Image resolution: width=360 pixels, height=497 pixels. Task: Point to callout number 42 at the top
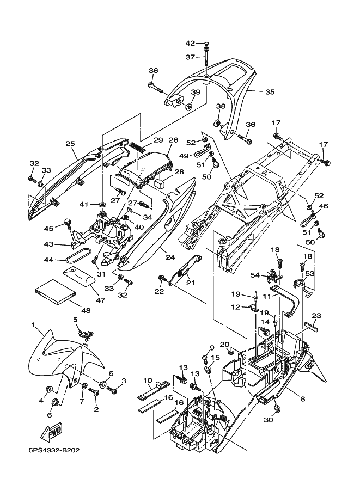[190, 43]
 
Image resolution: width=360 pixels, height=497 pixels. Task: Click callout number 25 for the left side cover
[70, 144]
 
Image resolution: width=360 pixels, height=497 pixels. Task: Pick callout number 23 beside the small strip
[316, 316]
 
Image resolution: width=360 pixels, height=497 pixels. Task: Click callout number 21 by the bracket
[190, 282]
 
